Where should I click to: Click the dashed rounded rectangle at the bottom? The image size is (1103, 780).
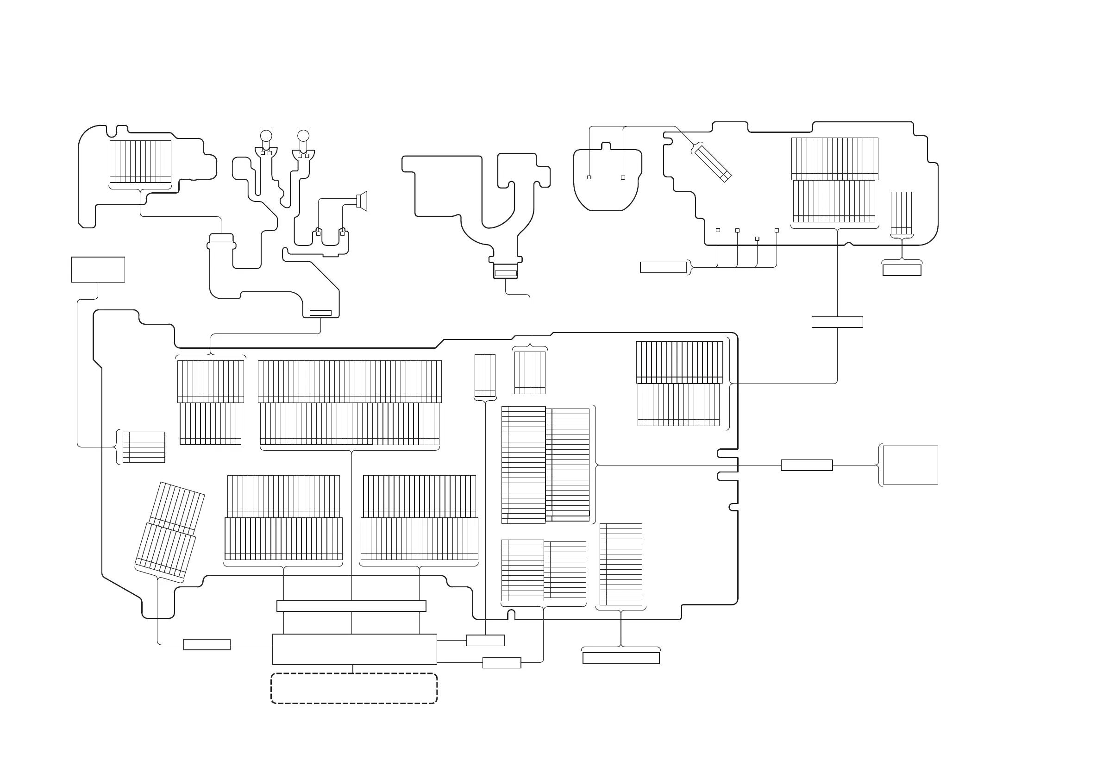(x=354, y=688)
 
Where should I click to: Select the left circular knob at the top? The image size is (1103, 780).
(x=266, y=136)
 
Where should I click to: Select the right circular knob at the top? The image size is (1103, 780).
(x=303, y=136)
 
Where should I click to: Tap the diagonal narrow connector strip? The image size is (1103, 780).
(x=713, y=163)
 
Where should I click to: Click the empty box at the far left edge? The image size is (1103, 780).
(x=98, y=270)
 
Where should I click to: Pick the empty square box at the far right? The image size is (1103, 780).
(x=910, y=465)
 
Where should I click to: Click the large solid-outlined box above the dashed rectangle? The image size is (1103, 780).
(x=355, y=649)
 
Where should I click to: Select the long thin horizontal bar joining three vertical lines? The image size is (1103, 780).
(x=351, y=605)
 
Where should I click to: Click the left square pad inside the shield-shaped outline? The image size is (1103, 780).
(x=589, y=177)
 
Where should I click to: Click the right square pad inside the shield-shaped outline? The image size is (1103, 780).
(x=623, y=177)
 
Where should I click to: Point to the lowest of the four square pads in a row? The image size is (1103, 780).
(x=757, y=239)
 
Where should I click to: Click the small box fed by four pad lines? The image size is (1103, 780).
(x=663, y=267)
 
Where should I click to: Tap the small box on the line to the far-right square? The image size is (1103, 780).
(x=807, y=465)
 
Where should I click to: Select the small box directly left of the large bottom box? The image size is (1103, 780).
(x=207, y=644)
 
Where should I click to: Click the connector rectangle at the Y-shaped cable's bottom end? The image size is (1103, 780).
(x=505, y=273)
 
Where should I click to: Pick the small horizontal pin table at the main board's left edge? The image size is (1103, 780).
(x=144, y=447)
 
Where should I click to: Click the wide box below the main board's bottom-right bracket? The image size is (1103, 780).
(x=620, y=658)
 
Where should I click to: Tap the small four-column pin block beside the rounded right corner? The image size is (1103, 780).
(x=901, y=214)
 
